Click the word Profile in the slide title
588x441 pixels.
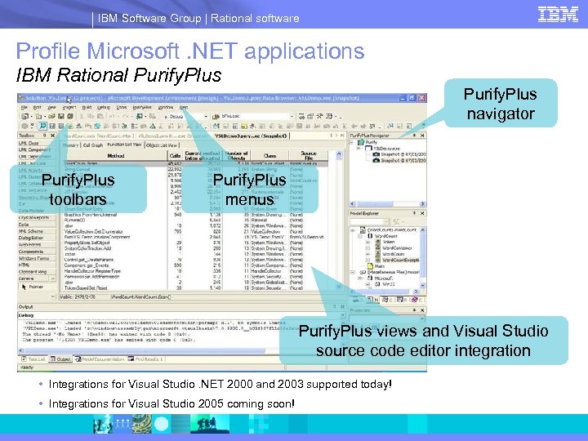click(49, 51)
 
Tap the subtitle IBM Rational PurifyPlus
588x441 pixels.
click(119, 76)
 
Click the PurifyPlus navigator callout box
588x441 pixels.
click(501, 104)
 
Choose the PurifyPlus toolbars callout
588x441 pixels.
click(78, 189)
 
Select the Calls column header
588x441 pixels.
click(174, 155)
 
